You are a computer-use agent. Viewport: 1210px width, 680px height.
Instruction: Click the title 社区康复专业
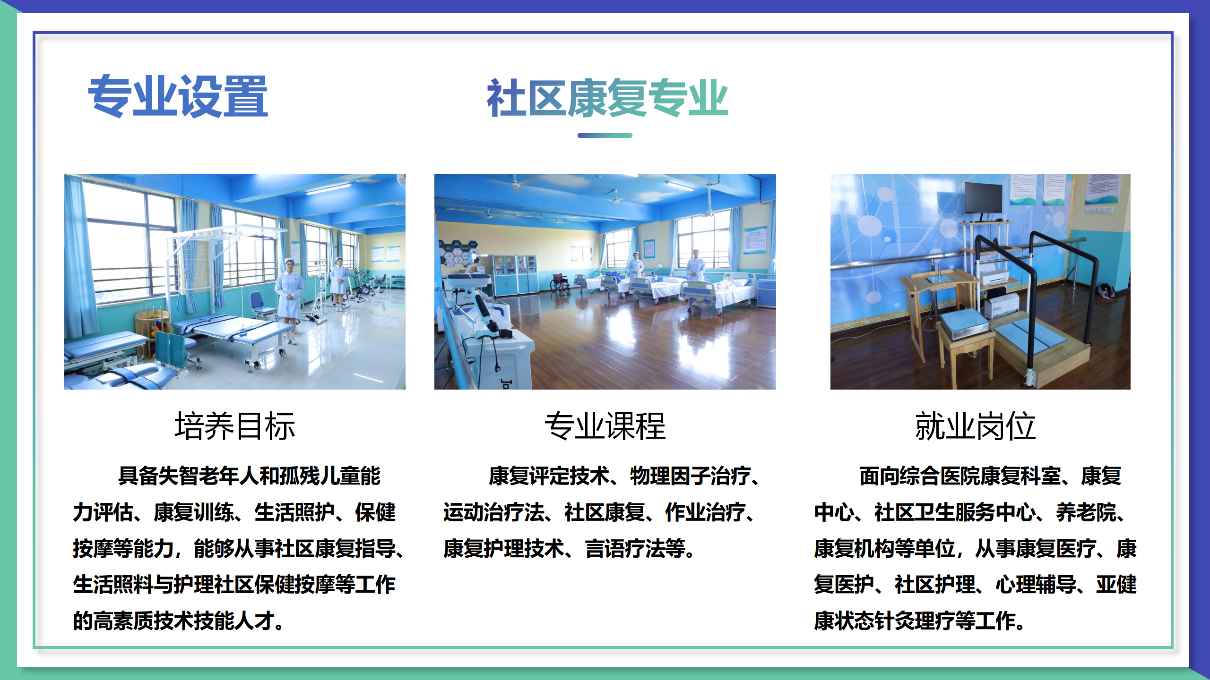pyautogui.click(x=607, y=98)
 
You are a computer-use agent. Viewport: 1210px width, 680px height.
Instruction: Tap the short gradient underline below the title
pyautogui.click(x=605, y=136)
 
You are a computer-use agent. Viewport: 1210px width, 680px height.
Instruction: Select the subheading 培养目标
pyautogui.click(x=235, y=426)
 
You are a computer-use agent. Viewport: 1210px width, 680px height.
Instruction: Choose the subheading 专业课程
pyautogui.click(x=605, y=426)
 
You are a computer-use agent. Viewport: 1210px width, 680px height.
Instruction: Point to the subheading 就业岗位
pyautogui.click(x=975, y=426)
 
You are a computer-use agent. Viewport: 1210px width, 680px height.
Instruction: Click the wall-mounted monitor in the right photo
pyautogui.click(x=983, y=198)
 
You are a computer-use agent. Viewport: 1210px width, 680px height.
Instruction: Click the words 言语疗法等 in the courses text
pyautogui.click(x=635, y=549)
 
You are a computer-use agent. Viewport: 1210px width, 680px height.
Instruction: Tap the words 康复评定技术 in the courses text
pyautogui.click(x=548, y=476)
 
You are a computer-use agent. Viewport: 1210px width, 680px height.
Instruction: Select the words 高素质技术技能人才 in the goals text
pyautogui.click(x=184, y=621)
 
